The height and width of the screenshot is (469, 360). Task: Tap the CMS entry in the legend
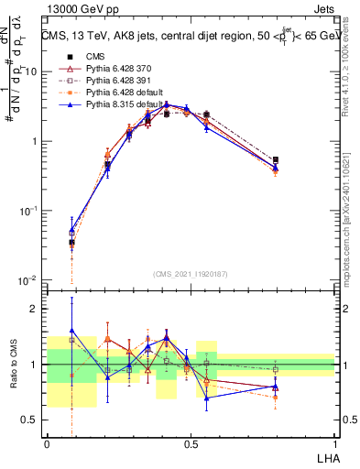tap(94, 57)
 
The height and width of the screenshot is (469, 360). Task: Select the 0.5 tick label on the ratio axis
tap(32, 420)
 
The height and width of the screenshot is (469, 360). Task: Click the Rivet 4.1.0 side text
tap(348, 69)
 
